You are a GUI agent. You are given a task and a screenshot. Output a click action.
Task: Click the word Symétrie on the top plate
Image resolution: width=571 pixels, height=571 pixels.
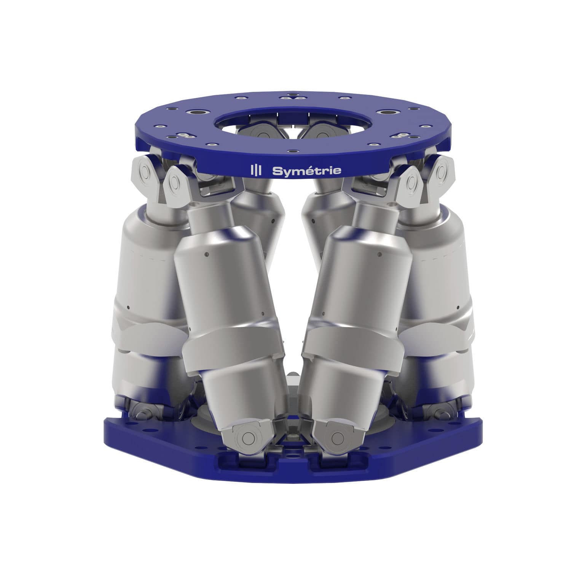[x=306, y=171]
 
